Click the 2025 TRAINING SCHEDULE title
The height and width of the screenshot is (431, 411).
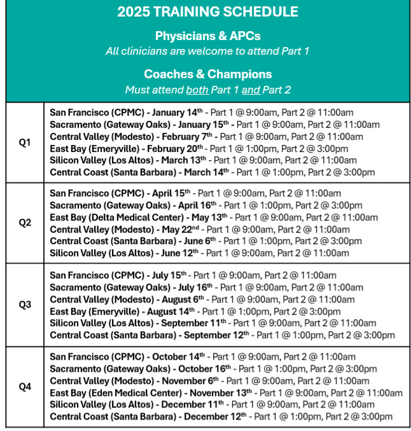click(x=207, y=13)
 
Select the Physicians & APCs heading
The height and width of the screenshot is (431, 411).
click(x=207, y=36)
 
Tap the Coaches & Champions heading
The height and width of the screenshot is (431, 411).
click(x=207, y=74)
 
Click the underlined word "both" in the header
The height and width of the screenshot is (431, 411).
click(x=197, y=90)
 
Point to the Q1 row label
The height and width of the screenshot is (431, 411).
click(x=25, y=142)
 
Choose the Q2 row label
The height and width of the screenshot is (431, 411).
click(x=25, y=222)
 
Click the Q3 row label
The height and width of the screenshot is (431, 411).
click(x=25, y=304)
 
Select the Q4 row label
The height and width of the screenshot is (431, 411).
click(x=25, y=387)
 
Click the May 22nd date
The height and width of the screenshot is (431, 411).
click(x=181, y=229)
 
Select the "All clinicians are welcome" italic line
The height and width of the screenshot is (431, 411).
click(x=207, y=51)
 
